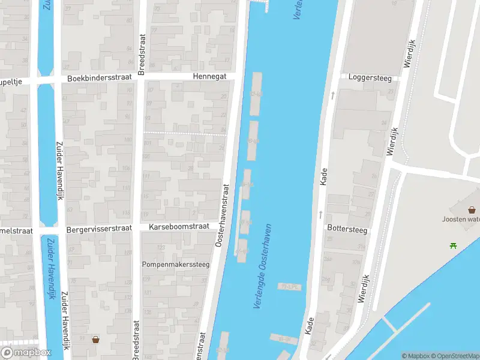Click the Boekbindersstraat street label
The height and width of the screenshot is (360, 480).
pos(98,79)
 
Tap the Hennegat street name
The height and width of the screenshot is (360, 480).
pos(209,77)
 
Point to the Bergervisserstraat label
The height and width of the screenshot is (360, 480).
pos(98,229)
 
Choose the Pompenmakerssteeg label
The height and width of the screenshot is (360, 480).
pos(175,264)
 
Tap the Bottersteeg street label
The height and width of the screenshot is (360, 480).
pos(347,229)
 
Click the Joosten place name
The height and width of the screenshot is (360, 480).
pos(461,219)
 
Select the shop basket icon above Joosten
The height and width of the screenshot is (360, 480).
pos(472,209)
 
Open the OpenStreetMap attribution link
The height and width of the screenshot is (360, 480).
pos(455,356)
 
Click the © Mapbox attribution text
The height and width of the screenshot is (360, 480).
pos(416,356)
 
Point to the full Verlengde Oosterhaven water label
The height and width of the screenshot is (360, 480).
pos(262,267)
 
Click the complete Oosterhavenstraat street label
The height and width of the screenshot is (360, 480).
pos(222,214)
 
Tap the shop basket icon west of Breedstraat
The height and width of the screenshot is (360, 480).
pos(95,340)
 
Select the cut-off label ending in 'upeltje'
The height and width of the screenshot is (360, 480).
pos(14,80)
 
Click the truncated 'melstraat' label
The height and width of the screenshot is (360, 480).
pos(16,230)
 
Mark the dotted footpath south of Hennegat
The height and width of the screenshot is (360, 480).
pos(186,133)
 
